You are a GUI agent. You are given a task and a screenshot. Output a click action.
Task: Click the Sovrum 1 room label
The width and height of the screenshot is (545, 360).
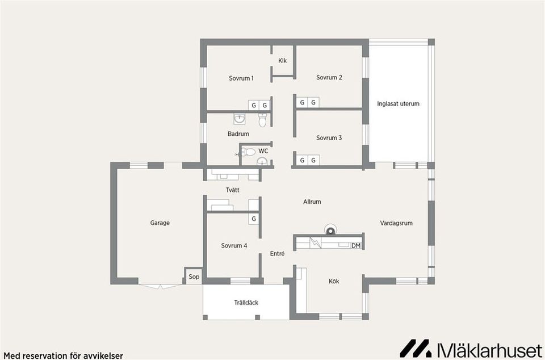pos(241,78)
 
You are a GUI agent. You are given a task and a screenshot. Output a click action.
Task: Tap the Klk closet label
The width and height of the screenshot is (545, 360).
pos(283,61)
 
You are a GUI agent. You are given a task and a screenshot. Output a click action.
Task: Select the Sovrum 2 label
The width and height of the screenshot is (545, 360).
pos(329,77)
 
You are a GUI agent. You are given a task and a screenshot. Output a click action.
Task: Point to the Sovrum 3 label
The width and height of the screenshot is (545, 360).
pos(329,138)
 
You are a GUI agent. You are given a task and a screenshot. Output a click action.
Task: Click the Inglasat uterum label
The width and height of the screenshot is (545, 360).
pos(398,104)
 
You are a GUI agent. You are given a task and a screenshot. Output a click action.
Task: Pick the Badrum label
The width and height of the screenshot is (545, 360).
pos(238,134)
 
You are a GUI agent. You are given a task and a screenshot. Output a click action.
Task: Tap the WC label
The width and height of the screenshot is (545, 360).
pos(263,151)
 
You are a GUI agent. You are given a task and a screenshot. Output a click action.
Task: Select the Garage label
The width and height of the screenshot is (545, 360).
pos(160,223)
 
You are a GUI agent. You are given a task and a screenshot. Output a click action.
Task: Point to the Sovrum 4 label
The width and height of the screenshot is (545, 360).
pos(234,246)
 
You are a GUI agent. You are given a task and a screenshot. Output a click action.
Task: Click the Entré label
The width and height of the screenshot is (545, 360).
pos(277,254)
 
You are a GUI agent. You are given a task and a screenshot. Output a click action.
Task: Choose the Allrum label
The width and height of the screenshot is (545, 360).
pos(312,202)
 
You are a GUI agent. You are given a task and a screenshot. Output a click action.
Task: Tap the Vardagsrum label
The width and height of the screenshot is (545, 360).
pos(396,223)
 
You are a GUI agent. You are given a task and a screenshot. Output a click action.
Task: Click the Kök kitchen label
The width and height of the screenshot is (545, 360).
pos(334,281)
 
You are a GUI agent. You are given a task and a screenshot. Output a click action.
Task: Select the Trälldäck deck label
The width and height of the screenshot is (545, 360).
pos(246,303)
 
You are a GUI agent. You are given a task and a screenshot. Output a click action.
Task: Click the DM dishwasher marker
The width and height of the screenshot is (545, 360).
pos(356,245)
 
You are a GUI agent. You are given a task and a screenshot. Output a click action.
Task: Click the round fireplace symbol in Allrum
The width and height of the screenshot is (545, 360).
pos(330,229)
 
